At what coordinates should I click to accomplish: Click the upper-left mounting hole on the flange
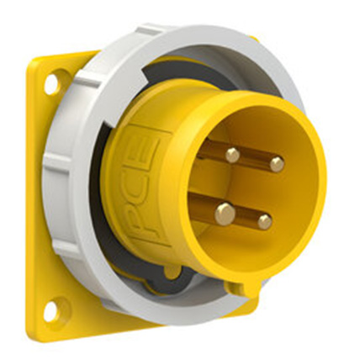[x=51, y=83]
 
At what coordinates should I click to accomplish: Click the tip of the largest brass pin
[x=224, y=214]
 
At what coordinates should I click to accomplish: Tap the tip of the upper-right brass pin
[x=276, y=165]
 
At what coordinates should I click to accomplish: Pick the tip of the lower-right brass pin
[x=265, y=222]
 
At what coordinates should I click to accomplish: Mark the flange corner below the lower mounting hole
[x=42, y=336]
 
